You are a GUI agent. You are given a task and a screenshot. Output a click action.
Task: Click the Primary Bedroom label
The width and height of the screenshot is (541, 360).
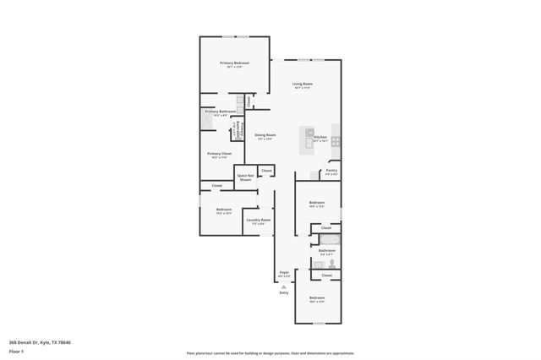[234, 63]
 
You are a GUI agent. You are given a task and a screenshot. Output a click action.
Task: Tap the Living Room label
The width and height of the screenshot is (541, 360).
[303, 84]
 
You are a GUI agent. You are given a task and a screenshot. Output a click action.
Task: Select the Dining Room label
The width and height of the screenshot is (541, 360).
[265, 135]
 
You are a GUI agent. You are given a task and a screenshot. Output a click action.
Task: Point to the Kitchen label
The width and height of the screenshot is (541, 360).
[320, 137]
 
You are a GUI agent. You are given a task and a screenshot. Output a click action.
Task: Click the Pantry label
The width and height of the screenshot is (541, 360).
[331, 171]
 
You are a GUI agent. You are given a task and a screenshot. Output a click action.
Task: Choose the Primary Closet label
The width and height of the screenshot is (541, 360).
[220, 154]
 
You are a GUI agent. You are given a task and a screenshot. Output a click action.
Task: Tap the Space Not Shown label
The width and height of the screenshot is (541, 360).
[245, 177]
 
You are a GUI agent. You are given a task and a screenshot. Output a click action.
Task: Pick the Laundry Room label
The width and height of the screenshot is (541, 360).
[258, 221]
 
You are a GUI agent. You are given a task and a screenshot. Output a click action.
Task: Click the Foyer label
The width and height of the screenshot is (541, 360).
[285, 272]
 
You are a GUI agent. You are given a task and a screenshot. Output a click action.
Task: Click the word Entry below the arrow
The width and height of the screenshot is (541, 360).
[284, 292]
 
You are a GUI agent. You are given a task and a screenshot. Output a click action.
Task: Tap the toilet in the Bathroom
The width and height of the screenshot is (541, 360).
[331, 264]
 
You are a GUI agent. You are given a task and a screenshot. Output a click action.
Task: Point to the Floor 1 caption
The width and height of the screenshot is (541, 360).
[16, 350]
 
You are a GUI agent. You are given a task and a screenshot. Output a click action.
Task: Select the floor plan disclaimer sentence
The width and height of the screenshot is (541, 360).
[270, 353]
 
